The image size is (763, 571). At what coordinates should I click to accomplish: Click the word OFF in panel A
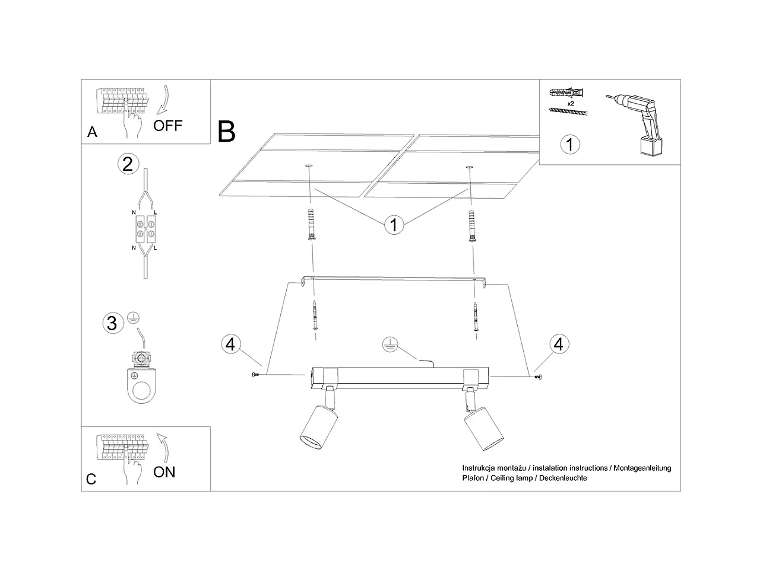pos(167,125)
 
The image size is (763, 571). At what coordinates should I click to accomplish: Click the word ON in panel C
pos(164,472)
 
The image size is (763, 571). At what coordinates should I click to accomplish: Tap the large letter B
pos(226,131)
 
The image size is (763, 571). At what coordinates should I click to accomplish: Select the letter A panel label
pos(92,132)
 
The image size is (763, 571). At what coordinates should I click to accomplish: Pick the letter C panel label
pos(91,479)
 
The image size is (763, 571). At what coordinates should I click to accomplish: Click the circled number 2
pos(128,163)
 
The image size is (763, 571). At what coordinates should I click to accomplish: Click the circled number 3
pos(111,323)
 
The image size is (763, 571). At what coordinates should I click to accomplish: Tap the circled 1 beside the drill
pos(570,144)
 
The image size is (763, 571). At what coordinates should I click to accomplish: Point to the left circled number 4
pos(231,344)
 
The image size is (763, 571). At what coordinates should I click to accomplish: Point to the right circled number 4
pos(558,344)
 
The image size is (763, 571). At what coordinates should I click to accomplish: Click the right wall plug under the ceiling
pos(473,225)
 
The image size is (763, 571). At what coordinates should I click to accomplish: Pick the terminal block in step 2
pos(145,228)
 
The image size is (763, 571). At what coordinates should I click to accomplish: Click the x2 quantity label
pos(571,103)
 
